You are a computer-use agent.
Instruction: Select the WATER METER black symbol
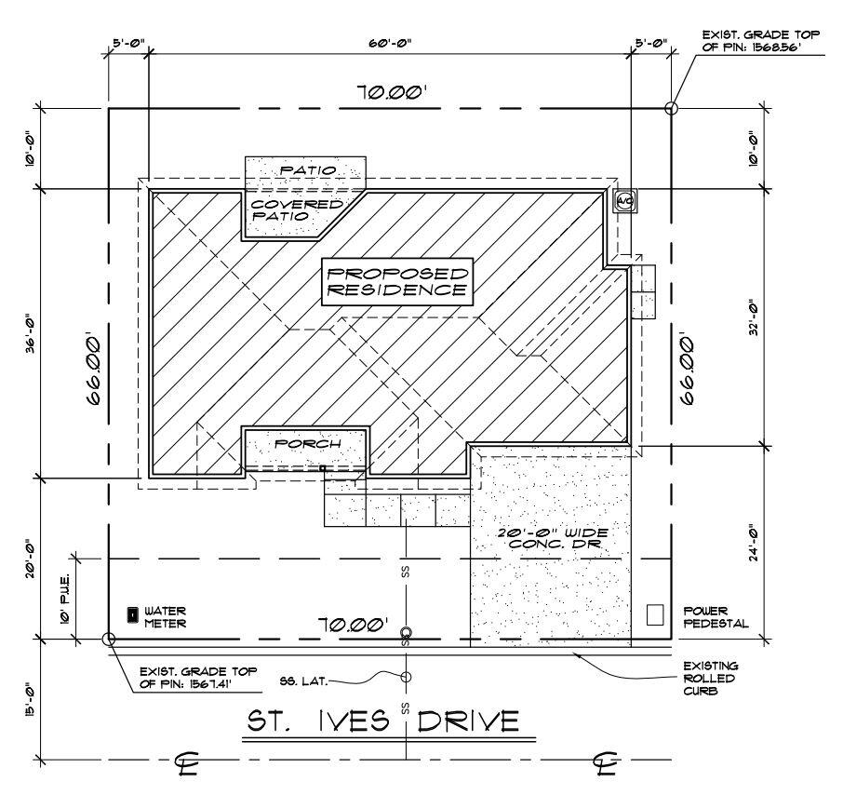pyautogui.click(x=133, y=615)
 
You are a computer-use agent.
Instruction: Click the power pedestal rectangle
pyautogui.click(x=656, y=614)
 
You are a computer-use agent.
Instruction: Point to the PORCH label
pyautogui.click(x=306, y=444)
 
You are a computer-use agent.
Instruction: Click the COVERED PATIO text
pyautogui.click(x=295, y=209)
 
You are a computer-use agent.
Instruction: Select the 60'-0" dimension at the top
pyautogui.click(x=389, y=43)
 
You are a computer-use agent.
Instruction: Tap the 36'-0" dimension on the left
pyautogui.click(x=30, y=332)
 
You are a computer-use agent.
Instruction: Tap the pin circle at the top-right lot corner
pyautogui.click(x=671, y=108)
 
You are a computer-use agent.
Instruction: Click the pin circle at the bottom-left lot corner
pyautogui.click(x=108, y=640)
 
